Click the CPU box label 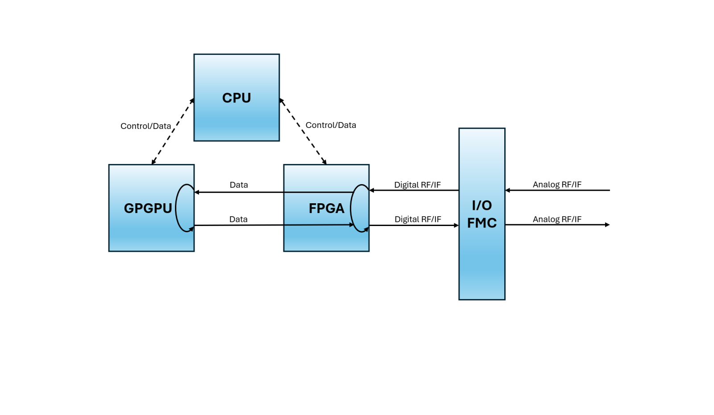(x=237, y=98)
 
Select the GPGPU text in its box (x=148, y=208)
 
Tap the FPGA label (x=326, y=208)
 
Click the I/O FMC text (x=482, y=214)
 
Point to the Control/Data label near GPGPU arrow (x=145, y=126)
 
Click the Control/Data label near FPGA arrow (x=331, y=125)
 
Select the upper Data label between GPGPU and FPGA (x=239, y=185)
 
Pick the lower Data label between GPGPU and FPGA (x=238, y=219)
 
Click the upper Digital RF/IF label (x=417, y=185)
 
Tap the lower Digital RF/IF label (x=418, y=219)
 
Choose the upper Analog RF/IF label (x=557, y=185)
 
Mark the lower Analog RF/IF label (x=557, y=219)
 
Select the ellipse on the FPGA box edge (x=360, y=208)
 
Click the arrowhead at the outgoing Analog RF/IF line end (x=607, y=225)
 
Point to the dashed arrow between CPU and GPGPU (x=173, y=131)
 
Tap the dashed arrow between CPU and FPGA (x=303, y=131)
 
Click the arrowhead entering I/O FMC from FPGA (x=456, y=226)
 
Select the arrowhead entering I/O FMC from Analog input (x=508, y=190)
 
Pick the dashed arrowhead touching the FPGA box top (x=324, y=162)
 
